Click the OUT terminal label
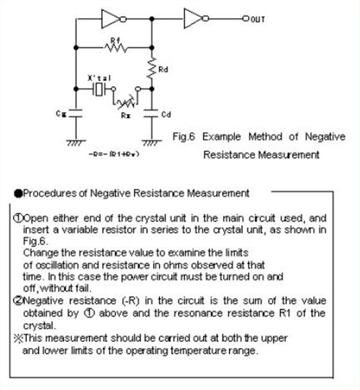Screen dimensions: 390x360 (x=258, y=19)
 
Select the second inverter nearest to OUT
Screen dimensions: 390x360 (x=193, y=19)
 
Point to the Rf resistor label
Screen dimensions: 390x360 (x=115, y=39)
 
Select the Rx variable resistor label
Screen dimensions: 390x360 (x=126, y=115)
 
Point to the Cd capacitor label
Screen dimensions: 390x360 (x=165, y=115)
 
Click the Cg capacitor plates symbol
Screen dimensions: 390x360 (x=76, y=112)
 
